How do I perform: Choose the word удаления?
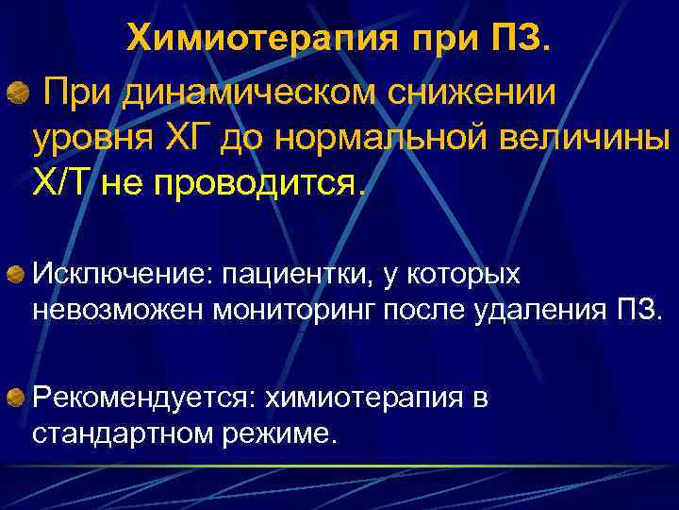pos(527,311)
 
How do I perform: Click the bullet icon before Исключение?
pos(18,274)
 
